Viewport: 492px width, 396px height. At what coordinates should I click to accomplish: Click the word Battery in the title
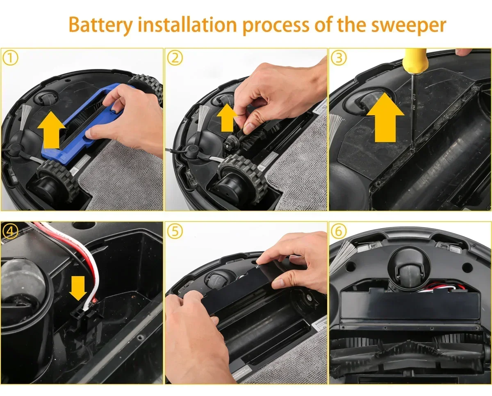click(x=101, y=25)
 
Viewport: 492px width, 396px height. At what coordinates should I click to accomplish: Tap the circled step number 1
click(x=11, y=58)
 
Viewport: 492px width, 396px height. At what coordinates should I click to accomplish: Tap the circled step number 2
click(x=175, y=58)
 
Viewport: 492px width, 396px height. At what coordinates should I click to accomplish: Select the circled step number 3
click(x=339, y=58)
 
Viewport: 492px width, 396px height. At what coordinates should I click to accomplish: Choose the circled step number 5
click(x=175, y=231)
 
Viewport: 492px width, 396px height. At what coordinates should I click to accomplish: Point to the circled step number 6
click(x=339, y=231)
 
